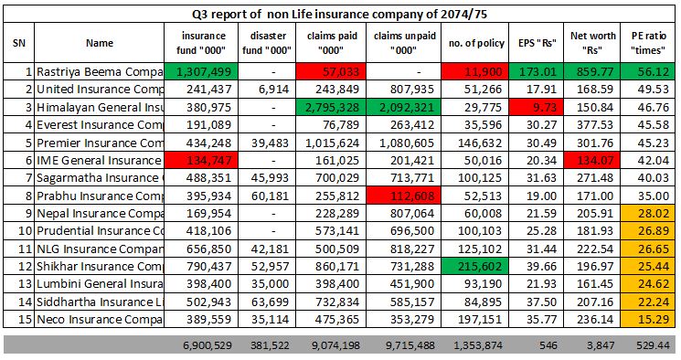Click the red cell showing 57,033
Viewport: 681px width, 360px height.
click(332, 71)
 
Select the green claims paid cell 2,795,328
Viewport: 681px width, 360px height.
click(332, 106)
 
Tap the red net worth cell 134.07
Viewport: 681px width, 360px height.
click(591, 158)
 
